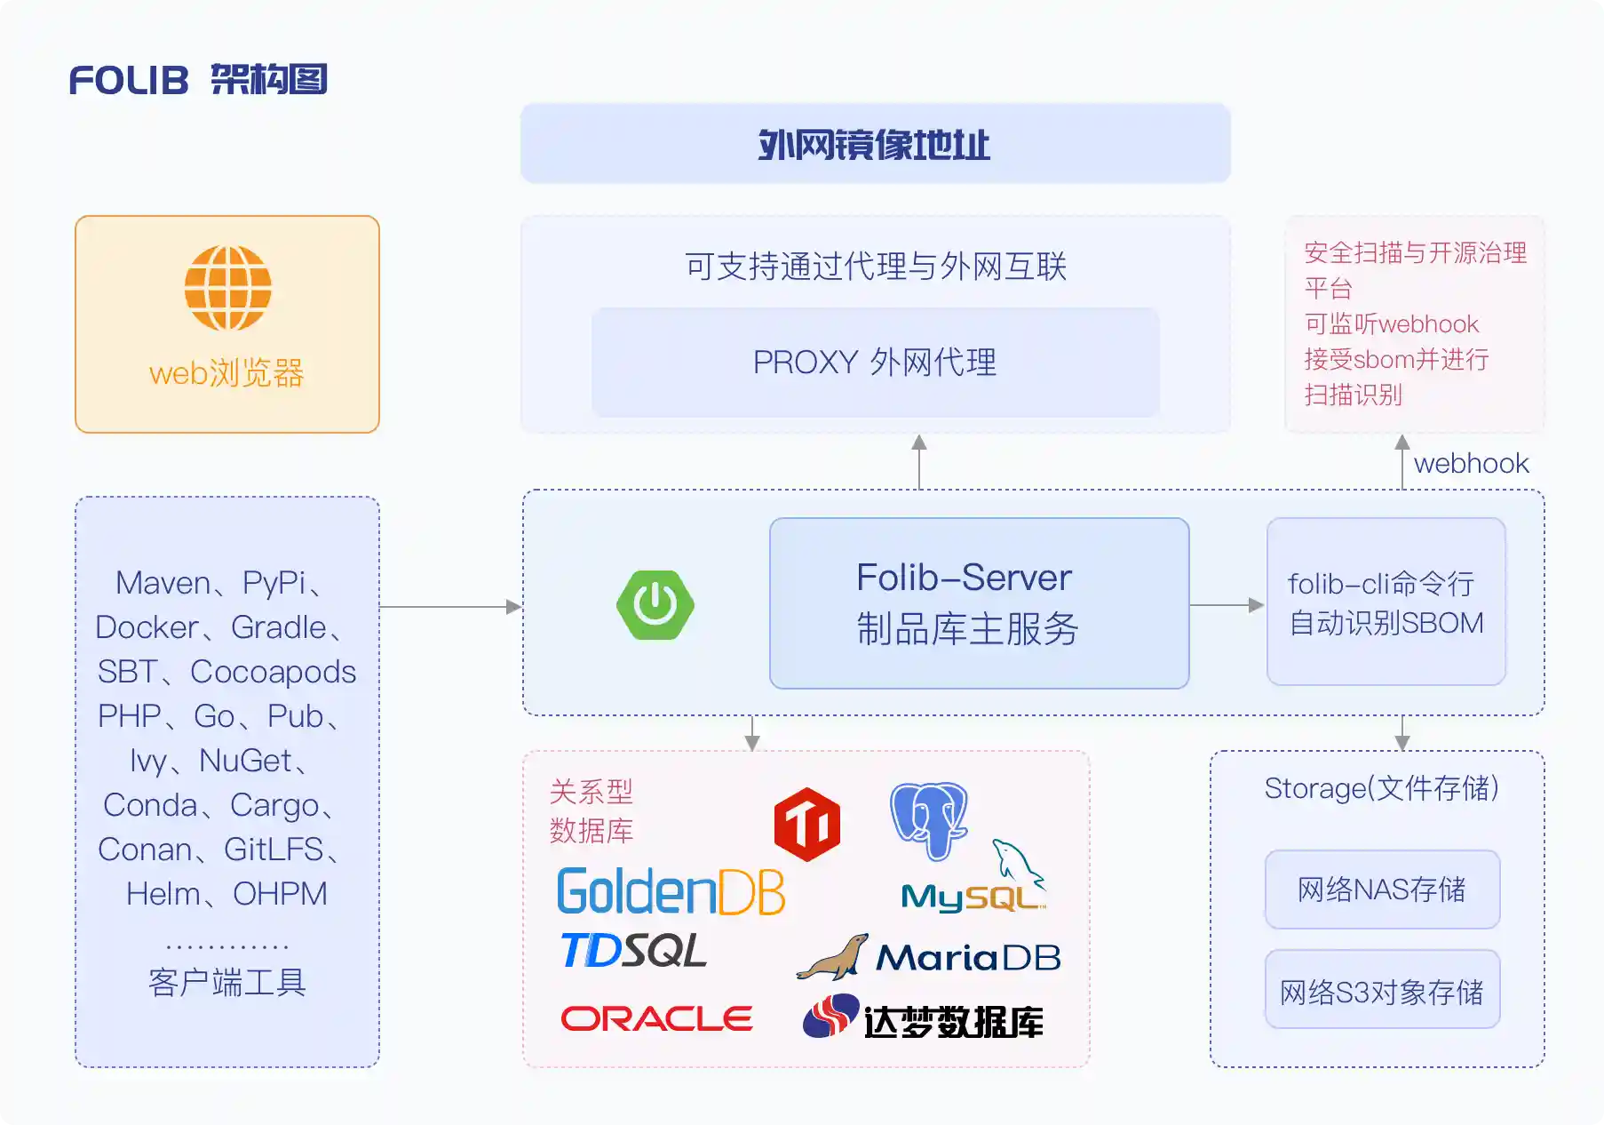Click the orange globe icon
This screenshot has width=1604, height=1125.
[x=227, y=288]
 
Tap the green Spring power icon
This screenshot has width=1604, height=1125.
[x=655, y=605]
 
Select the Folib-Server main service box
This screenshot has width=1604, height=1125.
[x=979, y=603]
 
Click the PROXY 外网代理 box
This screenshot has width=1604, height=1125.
[x=875, y=363]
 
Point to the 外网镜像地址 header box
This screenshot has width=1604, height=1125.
[x=875, y=144]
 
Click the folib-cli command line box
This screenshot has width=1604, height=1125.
[x=1386, y=602]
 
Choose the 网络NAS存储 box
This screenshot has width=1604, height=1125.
[x=1382, y=890]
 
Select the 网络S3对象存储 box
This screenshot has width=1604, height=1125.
[x=1382, y=991]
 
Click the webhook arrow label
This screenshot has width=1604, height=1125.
[x=1471, y=463]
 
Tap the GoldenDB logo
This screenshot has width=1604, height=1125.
[x=671, y=891]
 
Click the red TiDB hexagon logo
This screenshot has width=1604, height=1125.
[x=806, y=824]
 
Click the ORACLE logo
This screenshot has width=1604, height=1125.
[x=656, y=1018]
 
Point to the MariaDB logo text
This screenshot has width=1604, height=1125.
[x=968, y=957]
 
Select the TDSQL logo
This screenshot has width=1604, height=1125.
[x=634, y=951]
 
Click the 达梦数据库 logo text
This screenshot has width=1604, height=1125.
[x=953, y=1022]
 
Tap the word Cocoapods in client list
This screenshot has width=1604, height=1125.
[x=273, y=672]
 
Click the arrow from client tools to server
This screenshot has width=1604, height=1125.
[x=450, y=607]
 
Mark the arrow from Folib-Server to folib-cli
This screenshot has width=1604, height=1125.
[x=1227, y=605]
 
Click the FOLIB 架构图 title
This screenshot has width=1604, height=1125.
[x=199, y=80]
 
